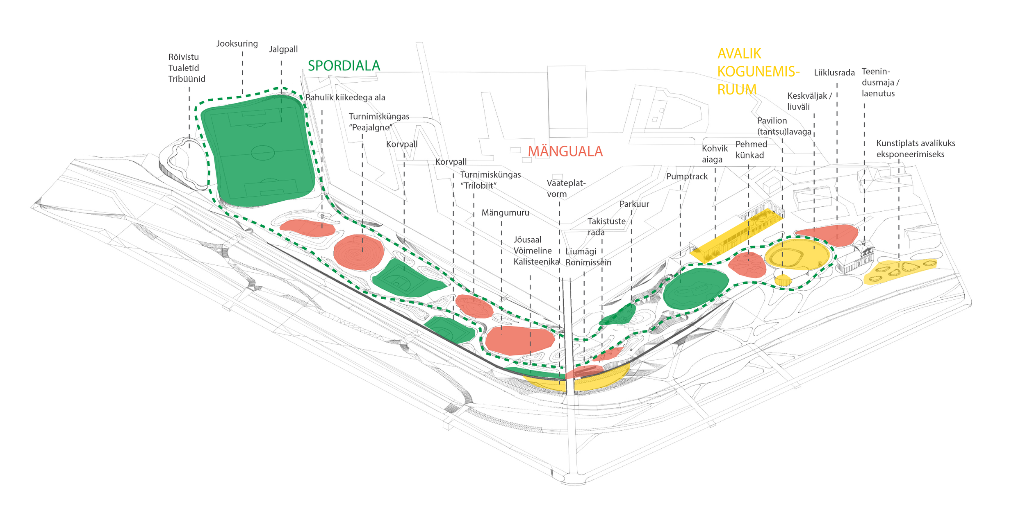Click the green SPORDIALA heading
tap(344, 66)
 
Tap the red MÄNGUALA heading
tap(565, 151)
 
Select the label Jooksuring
tap(237, 44)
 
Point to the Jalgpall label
tap(283, 50)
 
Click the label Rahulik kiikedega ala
tap(345, 97)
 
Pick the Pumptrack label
tap(687, 176)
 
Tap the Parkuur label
tap(634, 204)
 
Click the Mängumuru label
tap(505, 213)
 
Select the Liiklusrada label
tap(834, 73)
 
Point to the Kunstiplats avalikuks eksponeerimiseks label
tap(916, 149)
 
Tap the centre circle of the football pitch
tap(262, 153)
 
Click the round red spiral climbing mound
tap(358, 253)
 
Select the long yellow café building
tap(736, 235)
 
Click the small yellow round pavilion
tap(783, 280)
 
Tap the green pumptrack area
tap(695, 289)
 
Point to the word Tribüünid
tap(187, 79)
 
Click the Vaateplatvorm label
tap(566, 188)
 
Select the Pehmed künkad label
tap(751, 149)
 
